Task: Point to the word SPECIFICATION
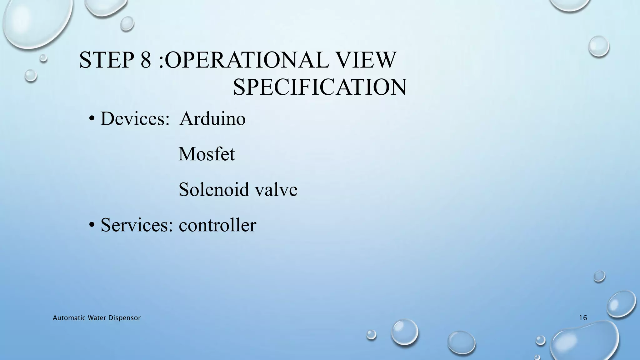[320, 87]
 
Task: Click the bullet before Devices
[92, 119]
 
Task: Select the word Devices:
[135, 119]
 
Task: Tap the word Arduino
[213, 119]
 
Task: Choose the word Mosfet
[207, 154]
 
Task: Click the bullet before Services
[92, 225]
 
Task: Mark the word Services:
[137, 225]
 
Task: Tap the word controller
[217, 225]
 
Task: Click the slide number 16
[583, 318]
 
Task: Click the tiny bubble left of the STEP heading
[43, 58]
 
